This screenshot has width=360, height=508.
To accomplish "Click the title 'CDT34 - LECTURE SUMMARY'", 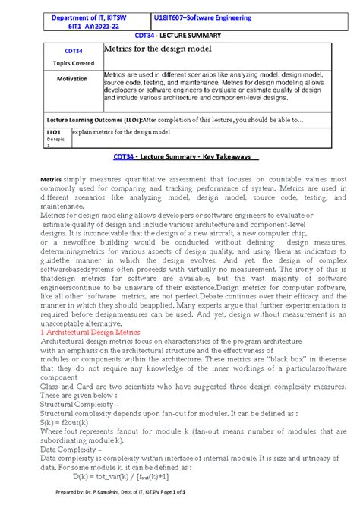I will click(x=179, y=36).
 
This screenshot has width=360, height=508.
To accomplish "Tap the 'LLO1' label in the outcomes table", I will click(x=54, y=131).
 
